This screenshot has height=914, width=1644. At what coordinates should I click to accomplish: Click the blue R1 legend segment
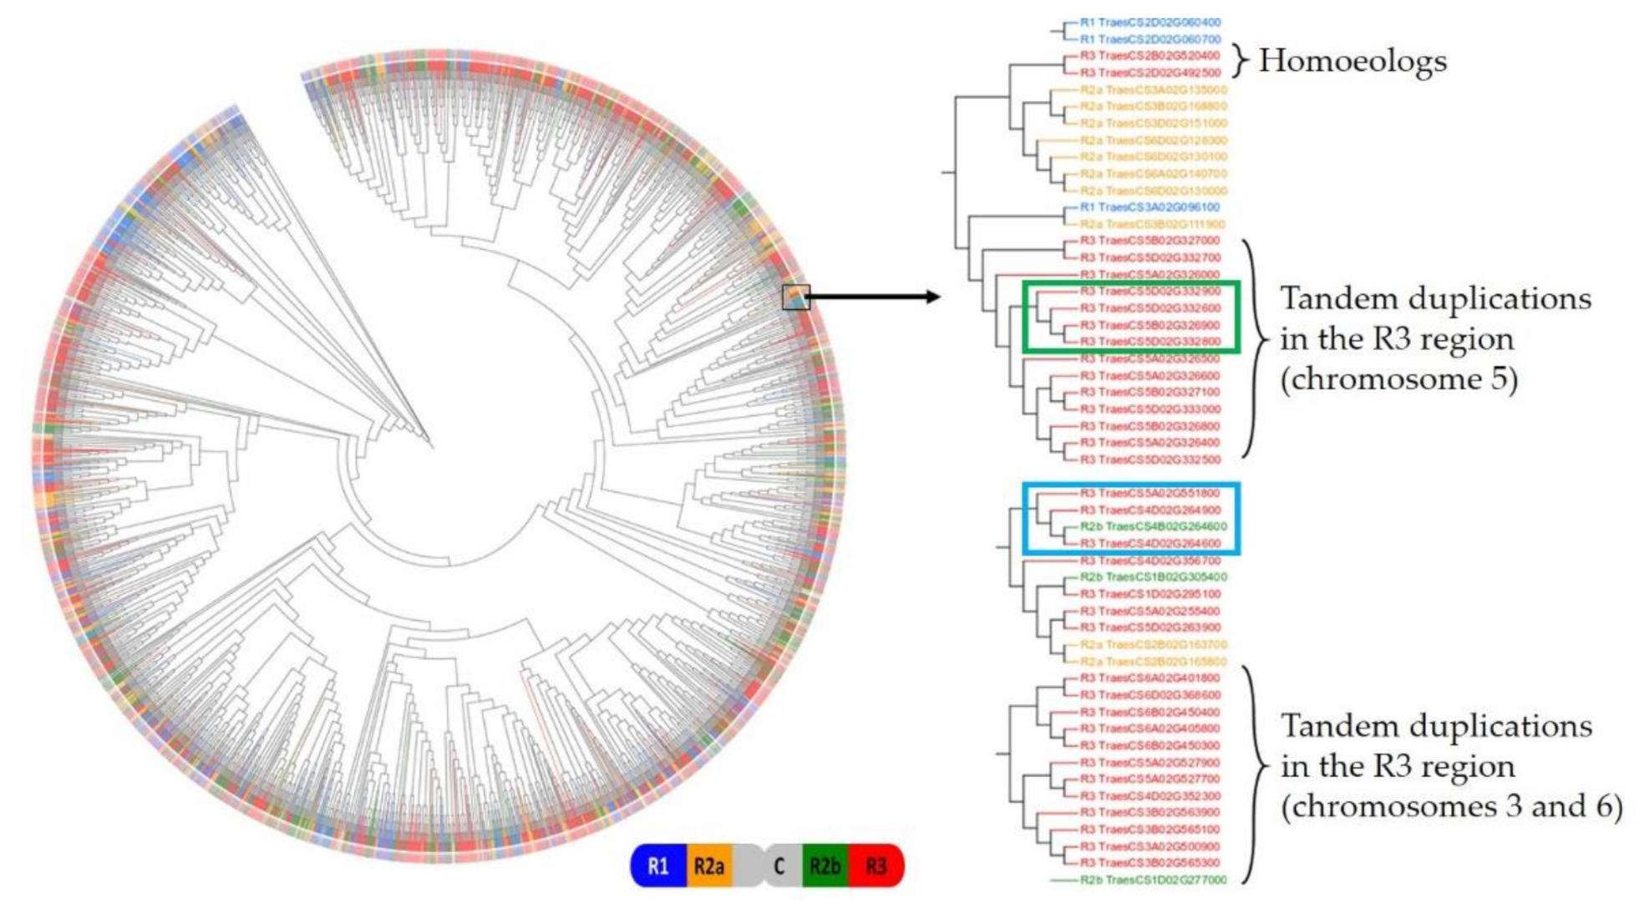(658, 866)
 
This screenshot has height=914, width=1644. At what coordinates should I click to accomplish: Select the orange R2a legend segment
(708, 866)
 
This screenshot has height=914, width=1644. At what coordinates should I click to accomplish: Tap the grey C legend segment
(778, 866)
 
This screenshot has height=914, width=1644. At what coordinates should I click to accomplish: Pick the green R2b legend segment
(825, 866)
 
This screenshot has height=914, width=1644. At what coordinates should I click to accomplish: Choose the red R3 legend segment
(875, 866)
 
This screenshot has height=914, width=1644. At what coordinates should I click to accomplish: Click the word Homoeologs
(1352, 61)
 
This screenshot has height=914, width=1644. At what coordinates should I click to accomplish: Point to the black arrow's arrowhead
(934, 297)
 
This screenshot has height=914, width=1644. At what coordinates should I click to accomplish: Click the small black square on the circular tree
(795, 297)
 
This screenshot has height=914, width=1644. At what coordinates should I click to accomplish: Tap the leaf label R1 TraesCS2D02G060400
(1150, 23)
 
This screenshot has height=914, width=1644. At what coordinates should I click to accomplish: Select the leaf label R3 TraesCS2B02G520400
(1150, 56)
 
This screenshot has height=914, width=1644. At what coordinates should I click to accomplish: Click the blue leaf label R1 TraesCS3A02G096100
(1150, 207)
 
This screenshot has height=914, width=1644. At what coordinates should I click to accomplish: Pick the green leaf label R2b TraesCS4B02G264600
(1154, 526)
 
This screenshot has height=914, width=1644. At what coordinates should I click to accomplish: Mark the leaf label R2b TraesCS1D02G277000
(1154, 880)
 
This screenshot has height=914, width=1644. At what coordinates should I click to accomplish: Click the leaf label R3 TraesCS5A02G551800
(1150, 493)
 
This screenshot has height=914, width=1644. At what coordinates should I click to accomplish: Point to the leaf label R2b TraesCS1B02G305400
(1154, 577)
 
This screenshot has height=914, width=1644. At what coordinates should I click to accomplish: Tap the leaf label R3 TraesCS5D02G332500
(1150, 460)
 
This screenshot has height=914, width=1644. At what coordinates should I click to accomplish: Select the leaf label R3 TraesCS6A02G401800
(1150, 678)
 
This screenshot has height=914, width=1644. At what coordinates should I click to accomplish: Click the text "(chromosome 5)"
(1399, 379)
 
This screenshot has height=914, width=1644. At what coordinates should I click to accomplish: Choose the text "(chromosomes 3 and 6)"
(1452, 806)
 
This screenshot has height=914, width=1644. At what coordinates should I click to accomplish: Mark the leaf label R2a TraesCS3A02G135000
(1154, 89)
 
